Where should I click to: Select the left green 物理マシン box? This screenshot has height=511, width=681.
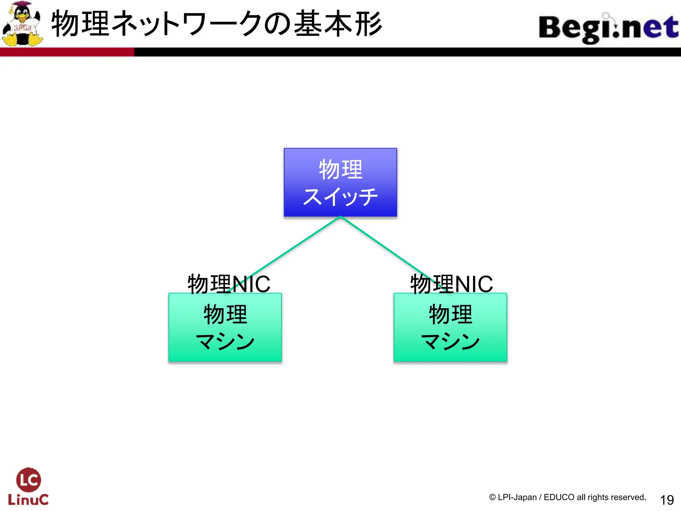(225, 327)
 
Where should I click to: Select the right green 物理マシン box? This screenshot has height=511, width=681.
(450, 327)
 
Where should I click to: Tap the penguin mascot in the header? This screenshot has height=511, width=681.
(22, 24)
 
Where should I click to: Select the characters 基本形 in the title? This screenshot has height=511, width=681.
(338, 24)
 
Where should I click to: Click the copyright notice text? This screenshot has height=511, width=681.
(567, 497)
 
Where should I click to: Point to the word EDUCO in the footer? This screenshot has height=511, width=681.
(559, 497)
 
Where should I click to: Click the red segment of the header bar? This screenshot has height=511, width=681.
(67, 52)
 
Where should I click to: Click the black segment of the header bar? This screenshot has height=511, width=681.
(399, 52)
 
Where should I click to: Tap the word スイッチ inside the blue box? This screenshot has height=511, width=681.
(340, 197)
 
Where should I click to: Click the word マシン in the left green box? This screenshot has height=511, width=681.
(225, 341)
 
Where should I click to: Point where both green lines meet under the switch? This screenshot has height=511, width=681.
(340, 217)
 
